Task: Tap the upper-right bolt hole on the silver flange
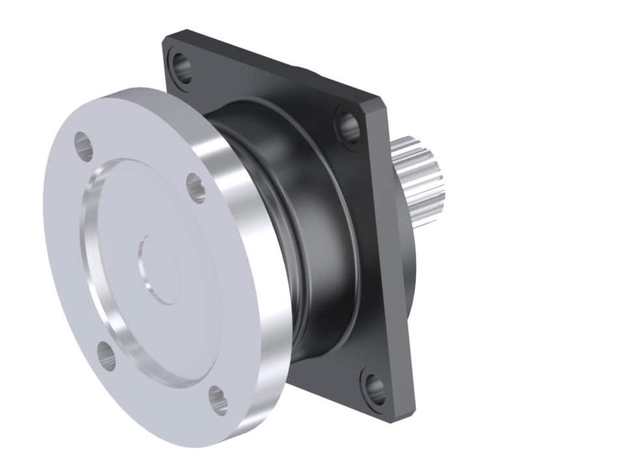click(x=196, y=188)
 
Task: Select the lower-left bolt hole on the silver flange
click(x=106, y=354)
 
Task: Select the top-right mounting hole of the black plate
click(x=348, y=126)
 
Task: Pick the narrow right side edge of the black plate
click(x=398, y=261)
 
